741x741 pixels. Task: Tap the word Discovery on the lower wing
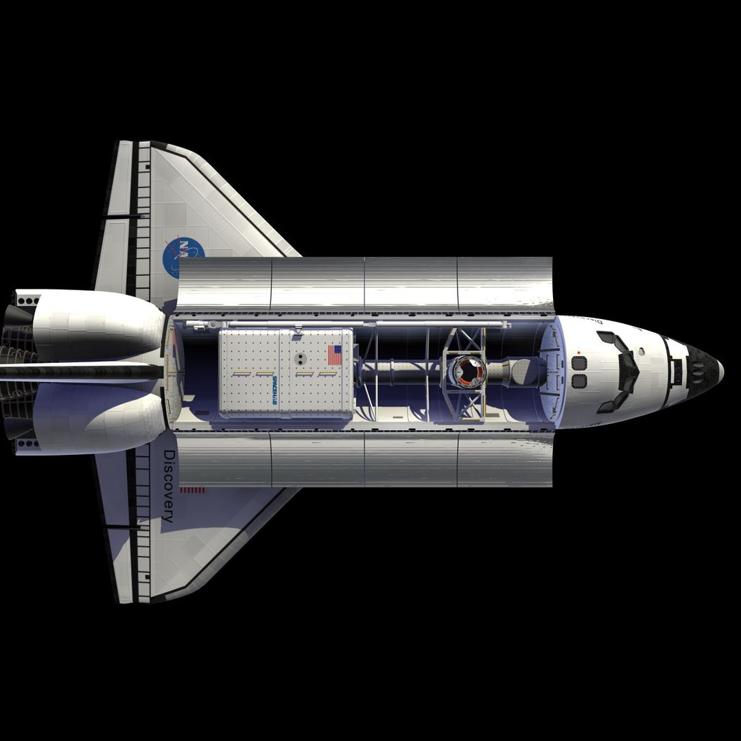(169, 486)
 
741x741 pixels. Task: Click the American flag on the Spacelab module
(334, 355)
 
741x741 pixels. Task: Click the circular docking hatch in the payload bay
(469, 371)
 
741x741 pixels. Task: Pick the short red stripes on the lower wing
(192, 490)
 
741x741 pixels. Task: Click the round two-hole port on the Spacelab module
(299, 359)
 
